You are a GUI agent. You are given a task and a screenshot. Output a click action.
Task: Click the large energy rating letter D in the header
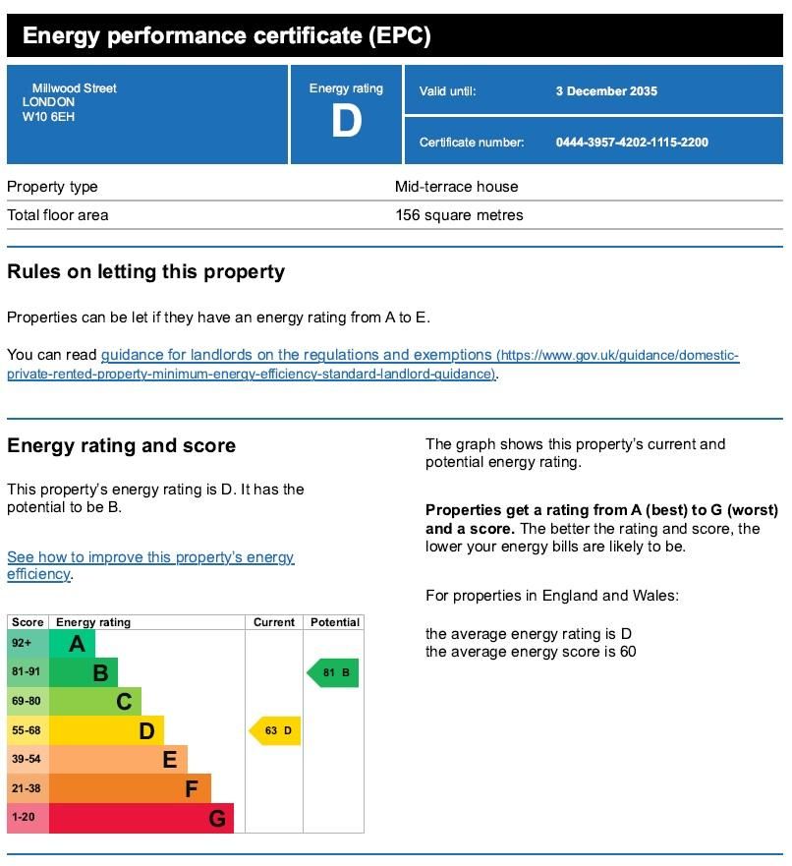click(346, 122)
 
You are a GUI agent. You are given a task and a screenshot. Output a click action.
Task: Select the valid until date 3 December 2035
click(606, 91)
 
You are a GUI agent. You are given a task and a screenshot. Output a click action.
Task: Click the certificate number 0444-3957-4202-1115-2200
click(632, 143)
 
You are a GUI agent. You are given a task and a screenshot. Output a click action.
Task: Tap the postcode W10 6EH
click(48, 117)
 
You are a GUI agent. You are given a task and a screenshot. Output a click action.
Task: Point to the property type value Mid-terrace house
click(456, 187)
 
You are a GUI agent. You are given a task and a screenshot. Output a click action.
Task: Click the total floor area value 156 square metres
click(459, 215)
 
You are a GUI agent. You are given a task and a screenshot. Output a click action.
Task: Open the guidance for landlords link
click(296, 355)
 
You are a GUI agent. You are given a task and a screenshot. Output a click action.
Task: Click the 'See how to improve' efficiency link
click(150, 558)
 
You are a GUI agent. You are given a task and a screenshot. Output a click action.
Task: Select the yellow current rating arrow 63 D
click(275, 731)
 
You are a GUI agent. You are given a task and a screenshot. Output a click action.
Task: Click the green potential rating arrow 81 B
click(333, 673)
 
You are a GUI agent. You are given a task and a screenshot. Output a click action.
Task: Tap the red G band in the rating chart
click(141, 818)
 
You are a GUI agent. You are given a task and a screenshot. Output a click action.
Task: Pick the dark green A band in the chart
click(72, 644)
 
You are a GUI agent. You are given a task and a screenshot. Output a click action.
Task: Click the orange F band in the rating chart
click(129, 788)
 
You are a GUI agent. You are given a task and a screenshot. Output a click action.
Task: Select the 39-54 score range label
click(27, 760)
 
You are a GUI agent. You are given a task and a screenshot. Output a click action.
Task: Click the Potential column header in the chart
click(335, 622)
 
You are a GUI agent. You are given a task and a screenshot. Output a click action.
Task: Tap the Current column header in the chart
click(274, 622)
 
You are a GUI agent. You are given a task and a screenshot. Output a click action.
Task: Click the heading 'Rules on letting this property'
click(145, 272)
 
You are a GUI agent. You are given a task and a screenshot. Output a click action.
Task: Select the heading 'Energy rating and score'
click(121, 445)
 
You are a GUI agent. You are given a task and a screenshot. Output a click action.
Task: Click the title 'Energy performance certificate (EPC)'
click(226, 37)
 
